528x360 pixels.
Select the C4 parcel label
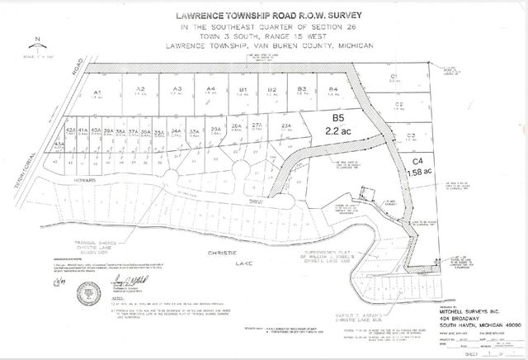[417, 161]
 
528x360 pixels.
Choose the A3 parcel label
[177, 89]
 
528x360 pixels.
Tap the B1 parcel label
[243, 89]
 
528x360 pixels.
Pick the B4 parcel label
[333, 88]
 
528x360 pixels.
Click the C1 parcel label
[394, 76]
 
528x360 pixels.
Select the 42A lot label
[71, 130]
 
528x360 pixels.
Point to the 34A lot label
[176, 130]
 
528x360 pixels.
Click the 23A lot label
[286, 126]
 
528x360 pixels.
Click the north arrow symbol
[38, 45]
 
